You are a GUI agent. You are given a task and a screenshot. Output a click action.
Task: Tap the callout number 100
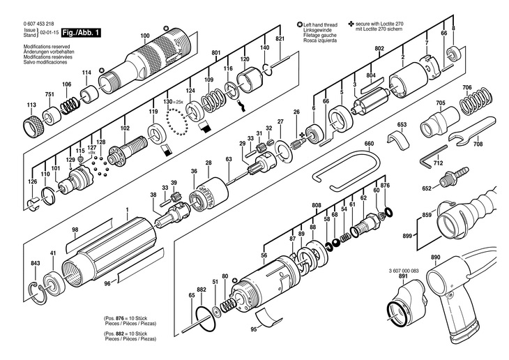(144, 36)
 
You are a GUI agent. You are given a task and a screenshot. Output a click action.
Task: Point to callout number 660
(369, 144)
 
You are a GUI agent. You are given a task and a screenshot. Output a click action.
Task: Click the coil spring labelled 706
(476, 104)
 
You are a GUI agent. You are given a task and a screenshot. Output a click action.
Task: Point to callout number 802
(379, 47)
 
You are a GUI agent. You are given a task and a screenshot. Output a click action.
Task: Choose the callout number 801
(215, 53)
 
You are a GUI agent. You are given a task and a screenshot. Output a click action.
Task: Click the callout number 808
(317, 204)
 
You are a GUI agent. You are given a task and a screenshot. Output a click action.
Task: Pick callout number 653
(402, 125)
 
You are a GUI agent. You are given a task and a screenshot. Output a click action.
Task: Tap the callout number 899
(407, 237)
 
